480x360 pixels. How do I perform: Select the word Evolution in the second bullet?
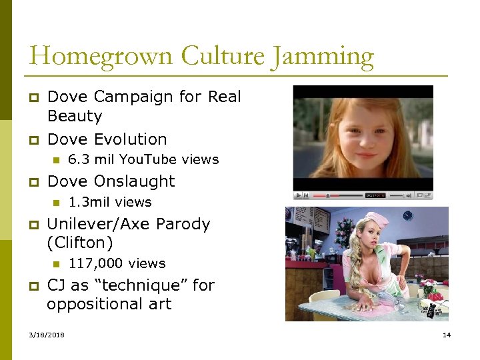(131, 139)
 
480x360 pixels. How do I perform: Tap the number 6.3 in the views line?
(79, 159)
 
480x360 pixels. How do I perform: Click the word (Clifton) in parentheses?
(80, 243)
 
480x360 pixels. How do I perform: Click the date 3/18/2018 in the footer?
(47, 335)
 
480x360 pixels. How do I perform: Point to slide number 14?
(447, 335)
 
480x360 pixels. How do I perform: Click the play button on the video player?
(298, 195)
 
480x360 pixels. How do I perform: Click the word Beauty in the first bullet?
(75, 117)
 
